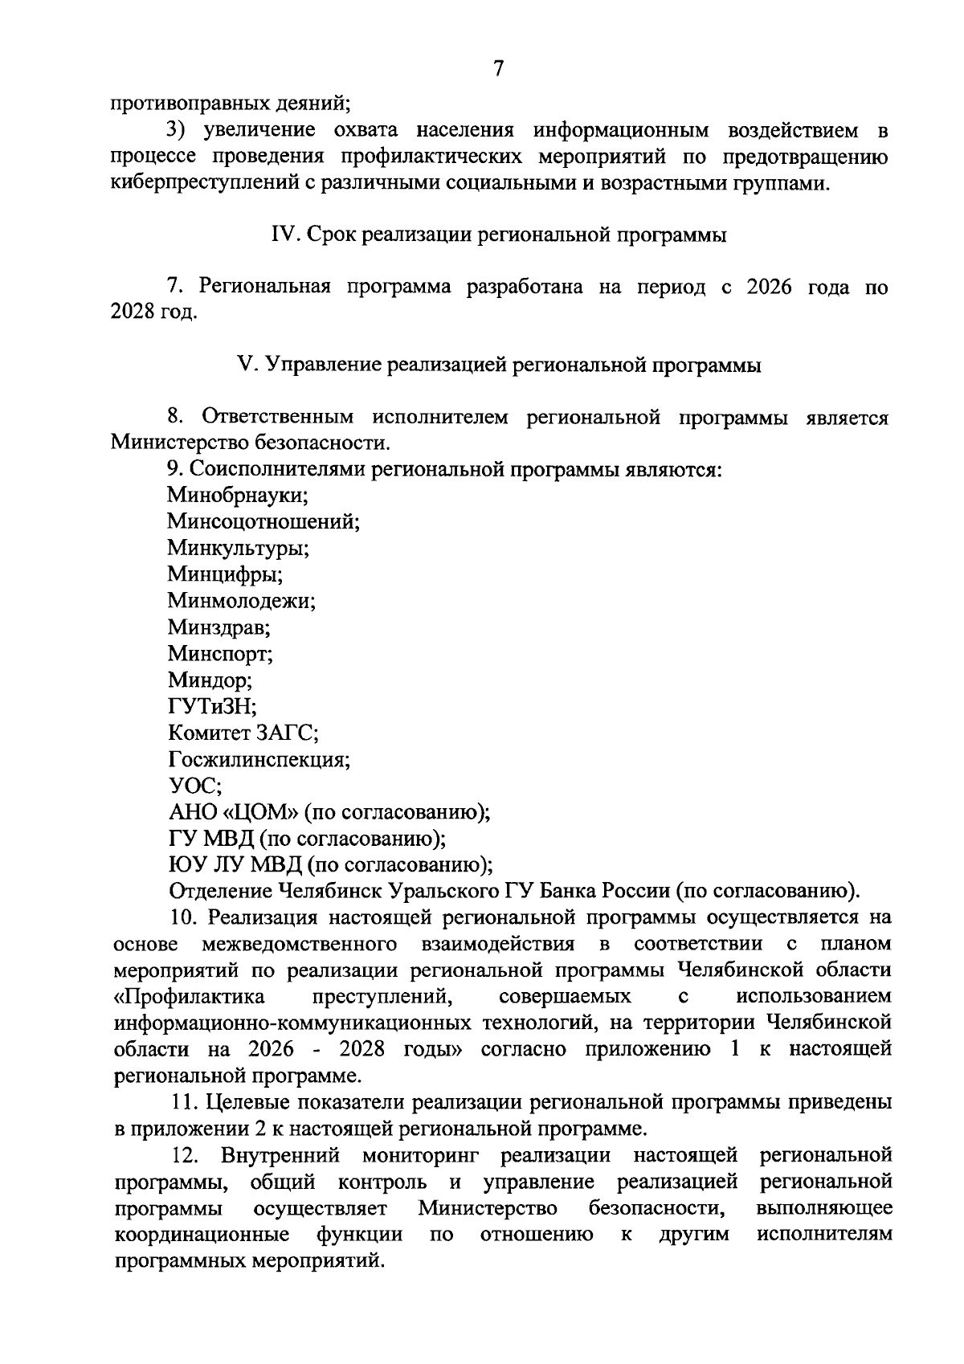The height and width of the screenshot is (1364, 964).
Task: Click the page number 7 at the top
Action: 498,69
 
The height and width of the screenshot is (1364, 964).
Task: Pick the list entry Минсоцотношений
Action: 263,522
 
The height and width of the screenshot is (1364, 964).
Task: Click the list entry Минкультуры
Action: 239,549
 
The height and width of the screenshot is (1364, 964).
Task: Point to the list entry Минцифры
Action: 225,575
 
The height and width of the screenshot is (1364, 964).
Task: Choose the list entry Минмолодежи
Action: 241,601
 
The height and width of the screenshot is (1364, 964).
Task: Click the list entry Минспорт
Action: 221,654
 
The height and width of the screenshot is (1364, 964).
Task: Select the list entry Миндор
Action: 210,680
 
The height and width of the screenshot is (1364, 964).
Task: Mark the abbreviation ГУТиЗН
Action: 212,707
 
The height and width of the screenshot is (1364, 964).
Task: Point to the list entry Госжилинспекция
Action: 259,759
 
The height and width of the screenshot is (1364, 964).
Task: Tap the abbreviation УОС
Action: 195,786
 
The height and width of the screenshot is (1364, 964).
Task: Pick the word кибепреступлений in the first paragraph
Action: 206,183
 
